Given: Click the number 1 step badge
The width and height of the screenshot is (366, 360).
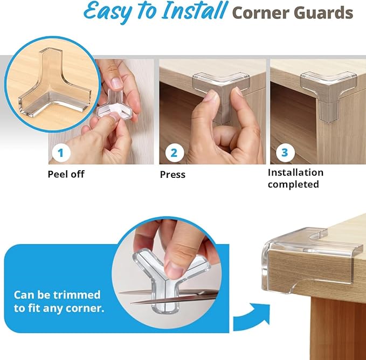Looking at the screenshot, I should pos(60,153).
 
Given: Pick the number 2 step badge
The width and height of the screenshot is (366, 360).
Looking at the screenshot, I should pos(173,153).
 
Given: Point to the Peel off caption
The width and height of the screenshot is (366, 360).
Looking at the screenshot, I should pos(66,174).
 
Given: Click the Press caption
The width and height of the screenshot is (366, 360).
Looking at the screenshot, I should pos(172,175).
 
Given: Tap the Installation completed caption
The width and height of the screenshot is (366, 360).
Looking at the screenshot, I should pos(295,178).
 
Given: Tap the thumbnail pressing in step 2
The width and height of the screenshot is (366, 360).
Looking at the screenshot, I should pos(211,97).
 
